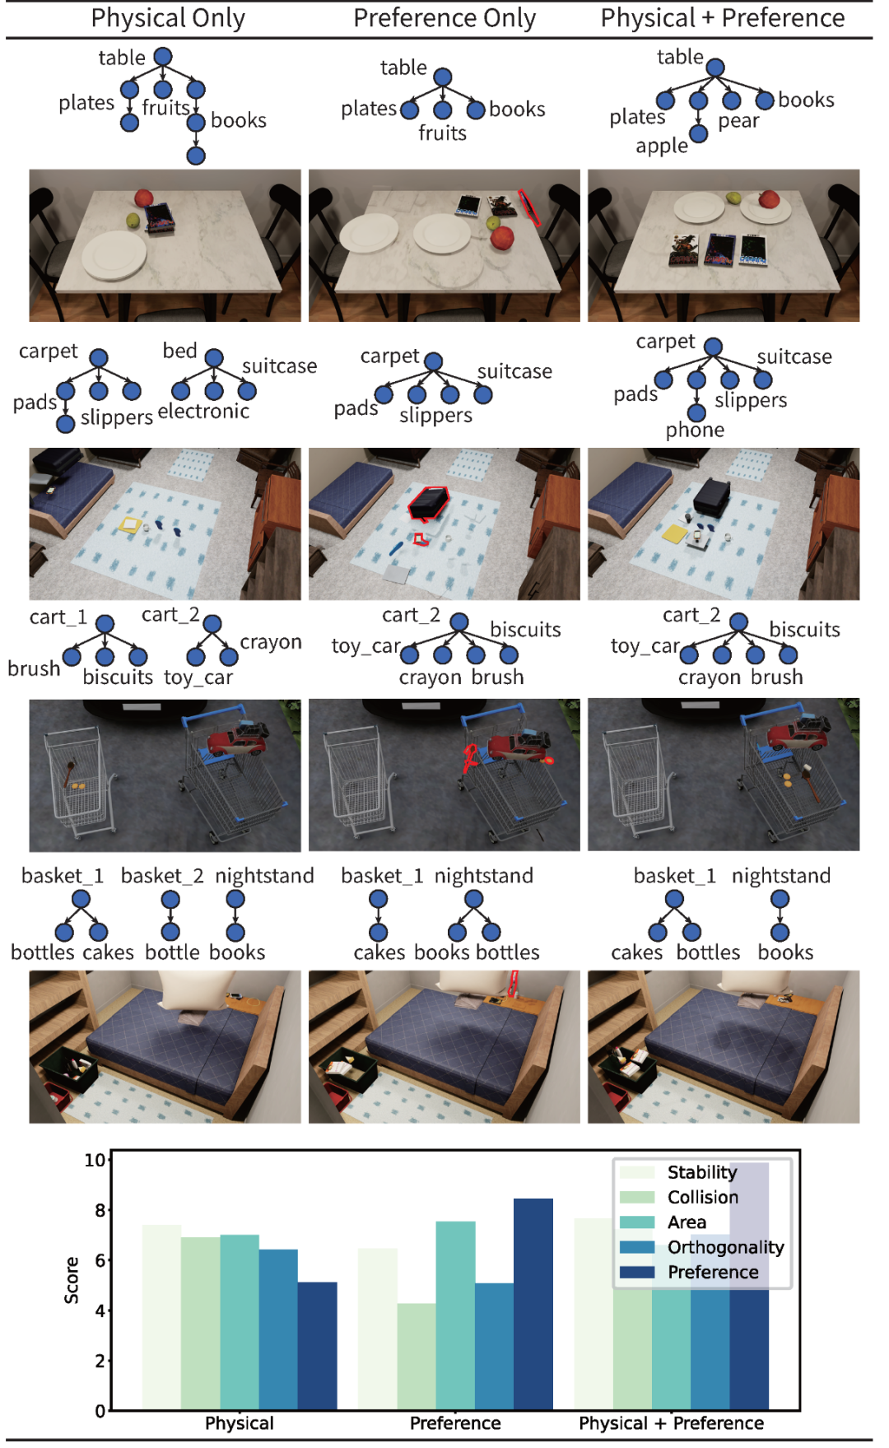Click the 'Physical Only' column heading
[x=168, y=18]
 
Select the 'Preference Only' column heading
[x=444, y=18]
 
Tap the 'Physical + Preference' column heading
[x=723, y=18]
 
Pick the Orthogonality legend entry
[x=702, y=1247]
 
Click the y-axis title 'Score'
[x=72, y=1280]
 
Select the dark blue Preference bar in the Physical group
[x=317, y=1346]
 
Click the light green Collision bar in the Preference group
[x=417, y=1357]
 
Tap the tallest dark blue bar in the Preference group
[x=533, y=1304]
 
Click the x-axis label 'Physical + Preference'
[x=671, y=1423]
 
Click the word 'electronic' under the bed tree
[x=203, y=411]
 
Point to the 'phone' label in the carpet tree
[x=696, y=431]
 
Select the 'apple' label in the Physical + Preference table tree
[x=662, y=147]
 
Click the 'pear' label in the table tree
[x=738, y=121]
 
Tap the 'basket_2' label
[x=162, y=876]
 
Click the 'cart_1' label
[x=58, y=617]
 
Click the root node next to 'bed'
[x=214, y=357]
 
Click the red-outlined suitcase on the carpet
[x=429, y=501]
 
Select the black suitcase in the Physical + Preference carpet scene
[x=713, y=495]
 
